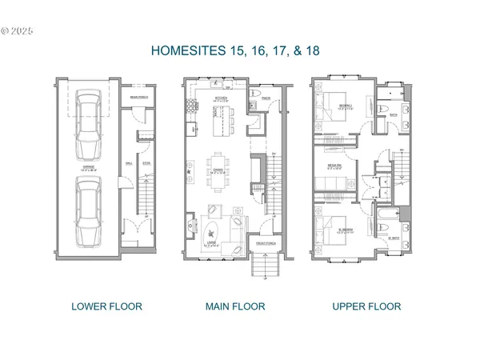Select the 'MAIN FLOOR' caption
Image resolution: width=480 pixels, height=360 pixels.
tap(236, 306)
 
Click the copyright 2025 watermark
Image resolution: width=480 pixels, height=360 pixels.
tap(18, 32)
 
